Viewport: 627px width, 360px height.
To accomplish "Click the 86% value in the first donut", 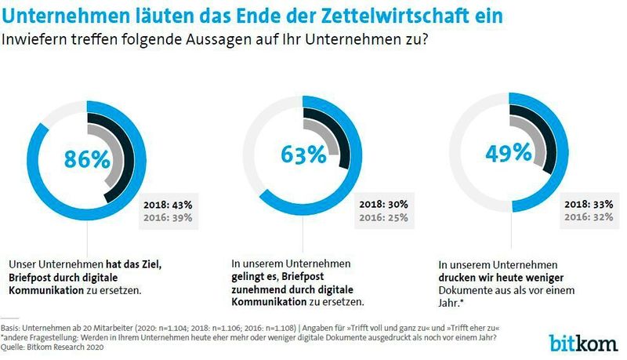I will pos(86,160).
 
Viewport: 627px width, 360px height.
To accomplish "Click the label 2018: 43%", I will pos(168,204).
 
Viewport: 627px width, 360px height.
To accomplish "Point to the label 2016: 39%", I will pos(168,217).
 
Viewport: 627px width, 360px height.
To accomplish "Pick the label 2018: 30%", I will pos(383,204).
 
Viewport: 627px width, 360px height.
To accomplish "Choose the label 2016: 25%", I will pos(383,217).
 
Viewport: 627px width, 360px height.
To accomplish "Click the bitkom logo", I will pos(585,344).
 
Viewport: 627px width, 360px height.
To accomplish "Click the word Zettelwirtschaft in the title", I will pos(389,15).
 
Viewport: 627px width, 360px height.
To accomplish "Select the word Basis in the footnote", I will pos(11,328).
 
